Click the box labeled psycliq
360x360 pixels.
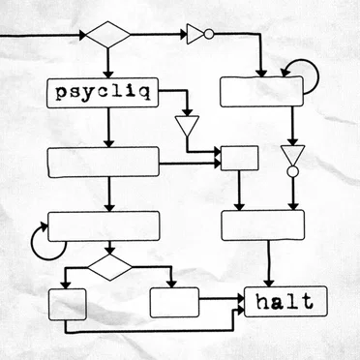(x=103, y=93)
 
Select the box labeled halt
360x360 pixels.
(x=285, y=301)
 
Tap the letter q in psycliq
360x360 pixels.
(x=145, y=94)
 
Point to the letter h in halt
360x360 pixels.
(x=262, y=302)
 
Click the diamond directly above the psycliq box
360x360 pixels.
(x=108, y=35)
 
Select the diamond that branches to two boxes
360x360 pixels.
(x=110, y=267)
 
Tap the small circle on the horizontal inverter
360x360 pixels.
(x=209, y=34)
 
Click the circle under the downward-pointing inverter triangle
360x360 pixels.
(x=292, y=171)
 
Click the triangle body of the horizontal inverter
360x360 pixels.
(x=195, y=34)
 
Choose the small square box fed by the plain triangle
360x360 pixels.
(x=239, y=158)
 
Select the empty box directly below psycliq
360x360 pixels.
(x=104, y=162)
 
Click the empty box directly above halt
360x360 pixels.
(x=263, y=225)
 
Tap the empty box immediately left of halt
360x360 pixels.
(x=174, y=302)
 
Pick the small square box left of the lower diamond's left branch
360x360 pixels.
(x=68, y=304)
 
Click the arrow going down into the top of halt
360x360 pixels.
(x=268, y=263)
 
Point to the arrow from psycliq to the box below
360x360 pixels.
(x=108, y=128)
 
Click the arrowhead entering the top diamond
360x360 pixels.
(x=83, y=35)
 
